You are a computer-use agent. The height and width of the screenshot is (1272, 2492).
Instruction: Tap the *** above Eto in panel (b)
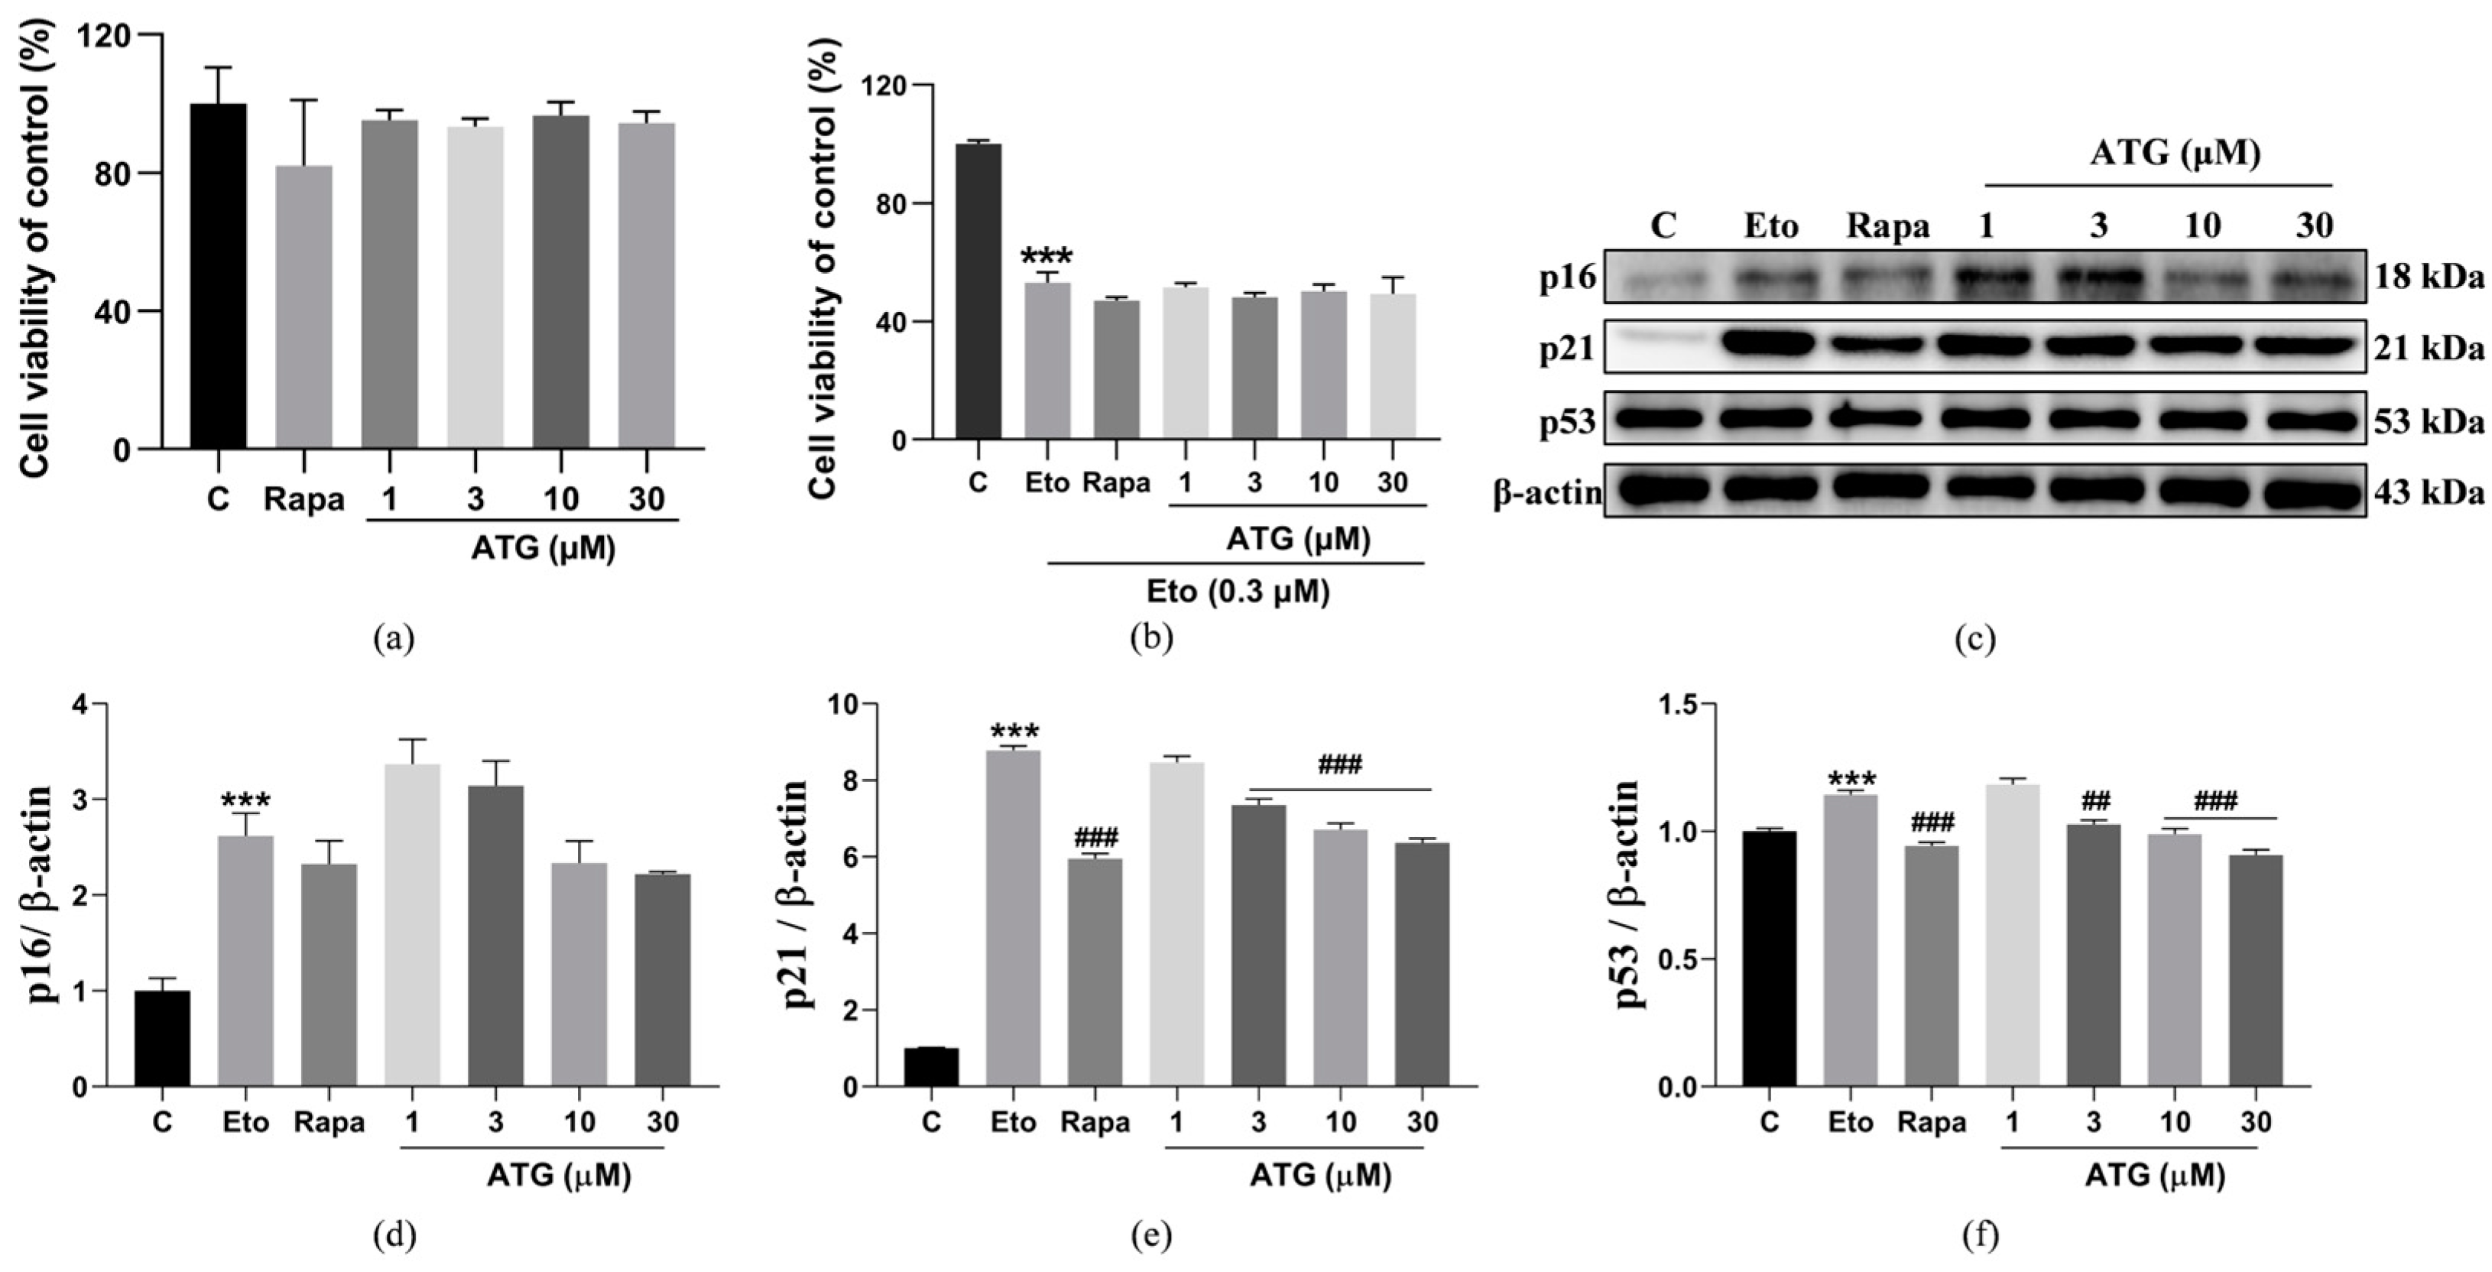1046,258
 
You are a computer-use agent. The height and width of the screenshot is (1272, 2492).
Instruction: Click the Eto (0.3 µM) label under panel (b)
1238,590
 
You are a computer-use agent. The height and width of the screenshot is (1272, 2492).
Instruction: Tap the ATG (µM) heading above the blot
2175,153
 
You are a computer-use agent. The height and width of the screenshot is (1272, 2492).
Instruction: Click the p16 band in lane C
1661,280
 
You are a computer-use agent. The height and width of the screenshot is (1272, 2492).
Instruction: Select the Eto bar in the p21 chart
1013,918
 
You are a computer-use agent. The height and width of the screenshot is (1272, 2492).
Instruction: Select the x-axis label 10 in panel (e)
1340,1122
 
